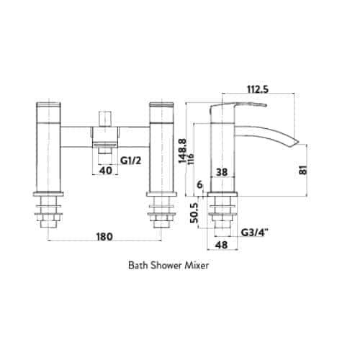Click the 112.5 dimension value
[258, 89]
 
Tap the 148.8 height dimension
[183, 151]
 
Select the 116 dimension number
[192, 158]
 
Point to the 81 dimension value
[304, 170]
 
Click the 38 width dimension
[222, 172]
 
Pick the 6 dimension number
[199, 185]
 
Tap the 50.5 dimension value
[194, 213]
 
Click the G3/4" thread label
[254, 233]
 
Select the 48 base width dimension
[221, 245]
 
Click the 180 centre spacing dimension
[104, 237]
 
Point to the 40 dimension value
[106, 171]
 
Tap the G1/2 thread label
[130, 161]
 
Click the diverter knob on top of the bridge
[106, 119]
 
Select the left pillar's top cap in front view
[48, 104]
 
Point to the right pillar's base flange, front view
[161, 194]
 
